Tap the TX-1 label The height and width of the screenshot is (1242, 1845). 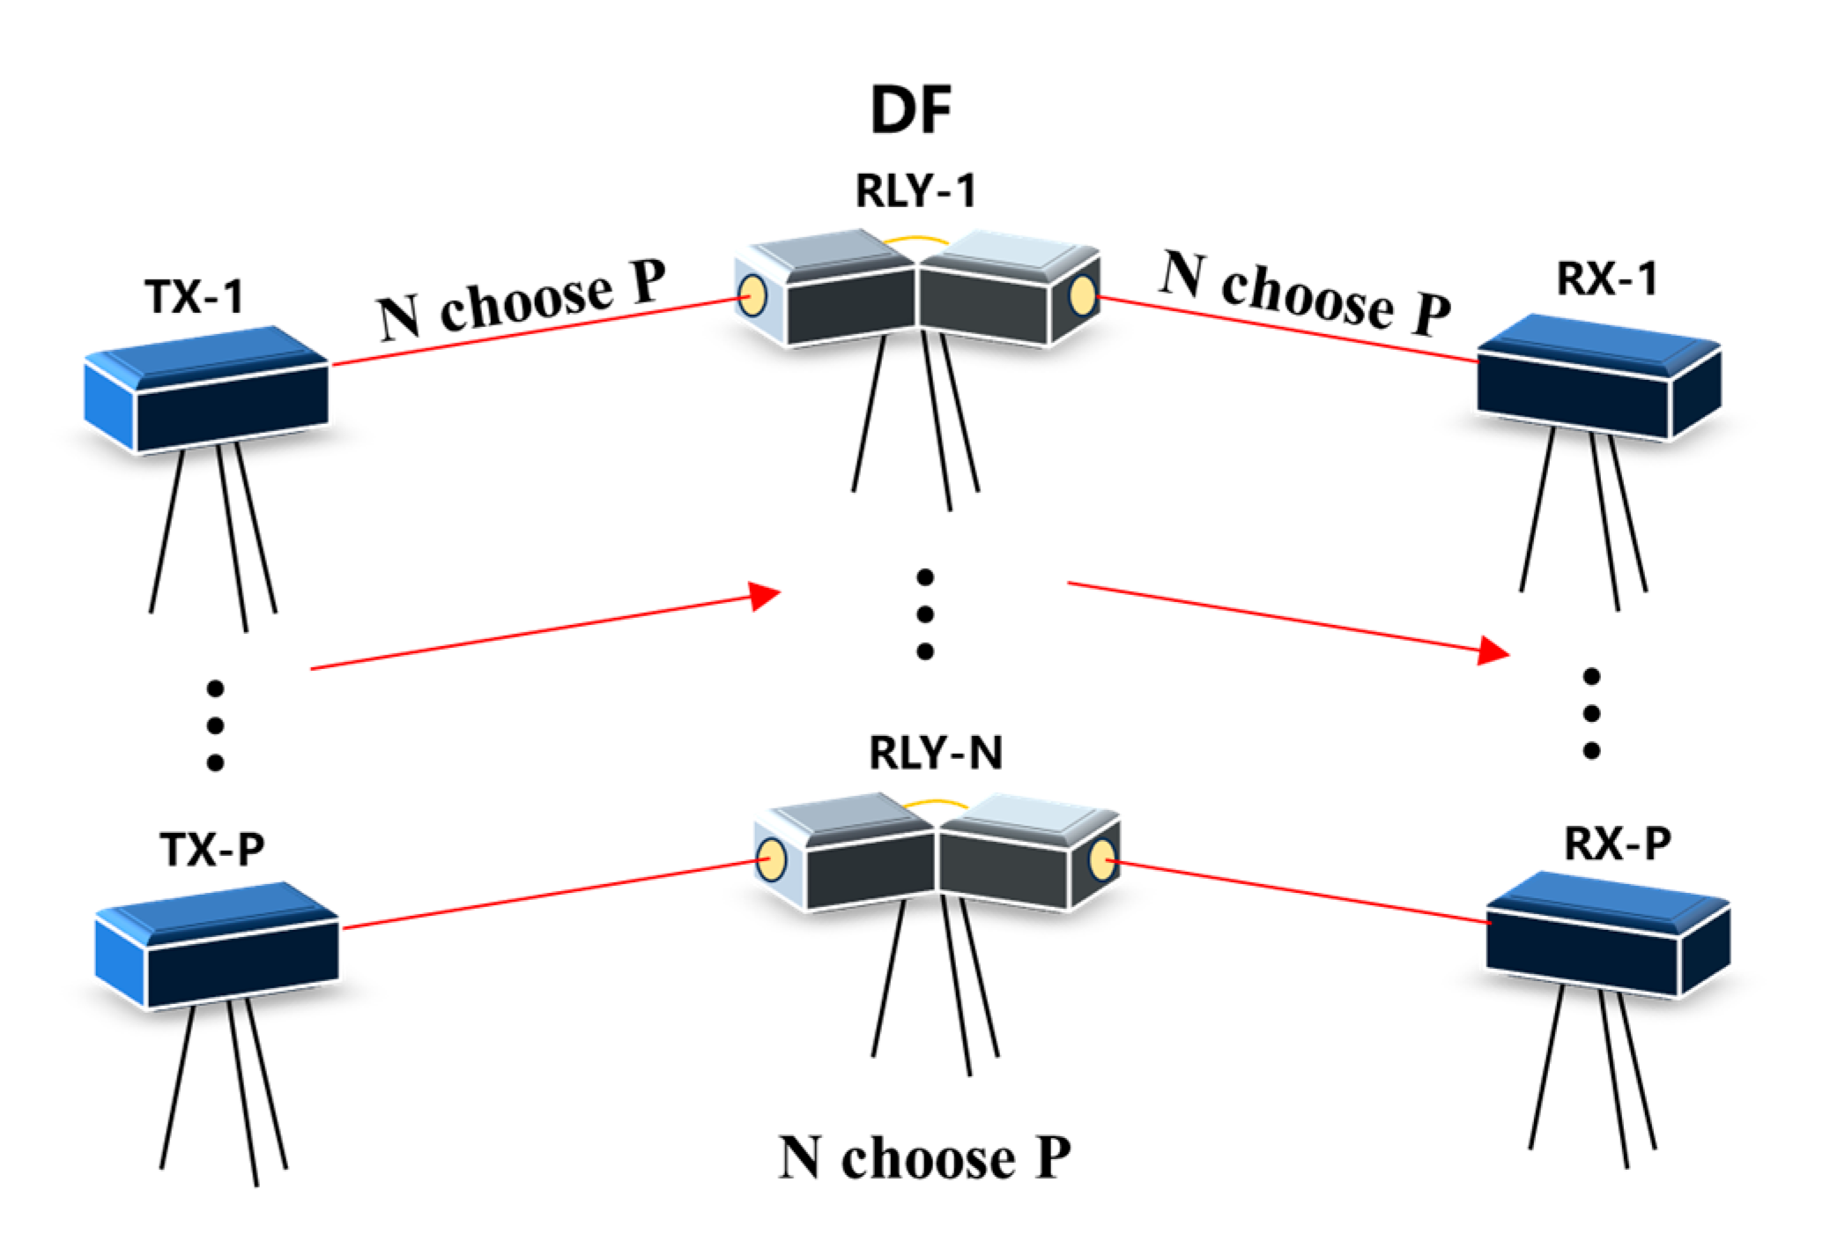(x=194, y=297)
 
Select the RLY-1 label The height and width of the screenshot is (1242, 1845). (x=915, y=191)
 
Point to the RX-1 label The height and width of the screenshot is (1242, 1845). (x=1607, y=279)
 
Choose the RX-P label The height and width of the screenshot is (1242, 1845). (x=1617, y=844)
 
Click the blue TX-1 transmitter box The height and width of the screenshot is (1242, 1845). (x=207, y=392)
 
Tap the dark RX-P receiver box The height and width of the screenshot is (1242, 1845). (x=1608, y=939)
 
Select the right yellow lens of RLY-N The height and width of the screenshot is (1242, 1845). (x=1102, y=859)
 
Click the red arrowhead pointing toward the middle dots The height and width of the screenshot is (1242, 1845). (x=763, y=596)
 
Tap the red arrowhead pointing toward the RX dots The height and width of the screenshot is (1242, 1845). (x=1493, y=651)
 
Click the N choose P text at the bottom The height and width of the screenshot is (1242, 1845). (x=924, y=1158)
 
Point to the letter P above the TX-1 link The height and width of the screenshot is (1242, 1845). (x=648, y=281)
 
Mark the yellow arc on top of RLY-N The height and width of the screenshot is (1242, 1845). (x=936, y=803)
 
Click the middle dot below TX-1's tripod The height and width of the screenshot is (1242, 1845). (x=215, y=725)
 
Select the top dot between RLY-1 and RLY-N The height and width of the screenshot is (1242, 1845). (x=924, y=577)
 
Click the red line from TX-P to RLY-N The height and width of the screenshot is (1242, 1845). (x=546, y=896)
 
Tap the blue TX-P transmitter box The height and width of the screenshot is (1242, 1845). (x=217, y=948)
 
